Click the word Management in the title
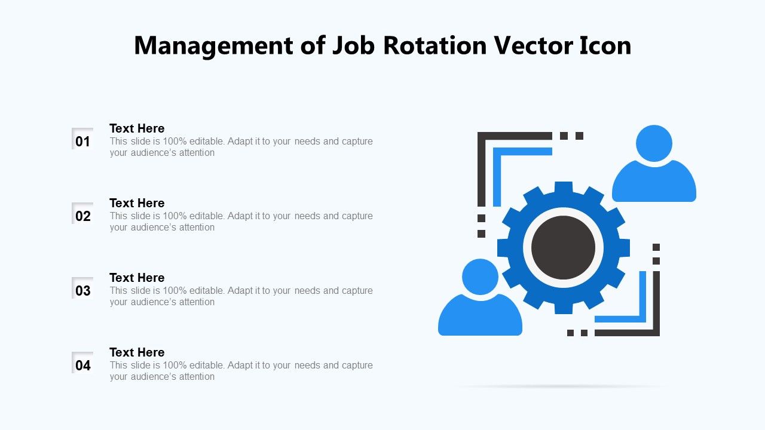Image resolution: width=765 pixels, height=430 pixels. [x=213, y=46]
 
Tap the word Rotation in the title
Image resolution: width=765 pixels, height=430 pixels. [x=434, y=45]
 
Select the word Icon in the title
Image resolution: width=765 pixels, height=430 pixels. [x=605, y=45]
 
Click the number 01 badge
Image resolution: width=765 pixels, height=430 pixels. [x=82, y=139]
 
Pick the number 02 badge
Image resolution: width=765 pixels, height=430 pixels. [x=82, y=214]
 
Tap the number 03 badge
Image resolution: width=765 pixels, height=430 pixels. [x=82, y=288]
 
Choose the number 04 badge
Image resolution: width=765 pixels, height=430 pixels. [x=82, y=363]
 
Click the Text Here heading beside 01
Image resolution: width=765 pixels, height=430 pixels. [x=137, y=128]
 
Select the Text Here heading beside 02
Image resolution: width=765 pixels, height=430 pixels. [x=137, y=203]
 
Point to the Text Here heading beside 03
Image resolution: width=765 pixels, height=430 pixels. [x=137, y=278]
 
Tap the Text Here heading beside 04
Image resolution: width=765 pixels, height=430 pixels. [x=137, y=352]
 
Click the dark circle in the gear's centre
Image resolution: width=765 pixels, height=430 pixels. [x=564, y=248]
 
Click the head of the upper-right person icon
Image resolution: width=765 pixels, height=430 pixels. [x=654, y=143]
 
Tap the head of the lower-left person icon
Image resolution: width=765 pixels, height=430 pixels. [x=480, y=277]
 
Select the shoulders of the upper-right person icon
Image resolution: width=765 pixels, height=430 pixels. [x=654, y=183]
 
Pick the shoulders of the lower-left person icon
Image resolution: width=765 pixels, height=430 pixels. [x=480, y=316]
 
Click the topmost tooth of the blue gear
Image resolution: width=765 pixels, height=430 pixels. [x=564, y=188]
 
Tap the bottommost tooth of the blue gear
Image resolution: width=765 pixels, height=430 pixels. [x=564, y=308]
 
